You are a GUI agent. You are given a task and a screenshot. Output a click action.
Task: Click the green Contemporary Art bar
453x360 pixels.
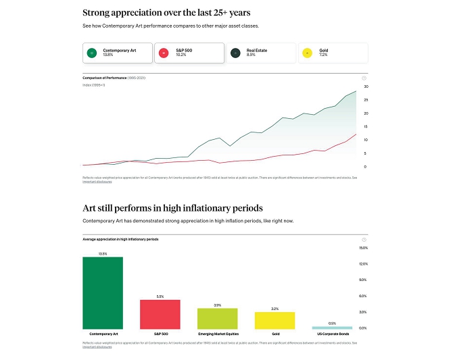coord(103,292)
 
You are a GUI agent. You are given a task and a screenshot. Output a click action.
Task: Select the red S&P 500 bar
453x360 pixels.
coord(160,313)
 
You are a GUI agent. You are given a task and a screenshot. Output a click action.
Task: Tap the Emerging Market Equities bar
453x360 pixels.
coord(218,318)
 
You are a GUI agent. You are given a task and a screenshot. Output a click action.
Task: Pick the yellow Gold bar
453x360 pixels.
coord(275,320)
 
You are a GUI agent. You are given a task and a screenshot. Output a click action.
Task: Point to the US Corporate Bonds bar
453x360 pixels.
coord(332,327)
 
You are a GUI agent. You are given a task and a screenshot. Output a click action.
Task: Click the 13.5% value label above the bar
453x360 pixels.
coord(103,254)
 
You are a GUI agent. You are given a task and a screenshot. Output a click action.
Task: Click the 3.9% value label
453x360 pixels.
coord(218,305)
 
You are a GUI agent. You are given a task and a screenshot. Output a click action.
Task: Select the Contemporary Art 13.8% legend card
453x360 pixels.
coord(116,53)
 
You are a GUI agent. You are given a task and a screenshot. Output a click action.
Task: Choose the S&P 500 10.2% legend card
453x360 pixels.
coord(189,53)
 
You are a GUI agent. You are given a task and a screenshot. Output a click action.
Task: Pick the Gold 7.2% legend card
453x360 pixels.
coord(333,53)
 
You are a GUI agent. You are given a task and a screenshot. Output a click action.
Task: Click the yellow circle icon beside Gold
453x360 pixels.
coord(308,53)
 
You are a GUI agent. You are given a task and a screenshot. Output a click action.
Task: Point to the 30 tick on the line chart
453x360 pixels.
coord(365,86)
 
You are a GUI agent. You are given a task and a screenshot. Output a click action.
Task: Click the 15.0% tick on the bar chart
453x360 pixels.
coord(363,248)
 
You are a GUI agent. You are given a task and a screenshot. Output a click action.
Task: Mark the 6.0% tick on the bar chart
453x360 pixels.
coord(363,296)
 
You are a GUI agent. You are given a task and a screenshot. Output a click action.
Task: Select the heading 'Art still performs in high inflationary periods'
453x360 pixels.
coord(172,208)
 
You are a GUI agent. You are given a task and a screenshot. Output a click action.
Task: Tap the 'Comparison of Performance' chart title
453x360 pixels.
coord(114,78)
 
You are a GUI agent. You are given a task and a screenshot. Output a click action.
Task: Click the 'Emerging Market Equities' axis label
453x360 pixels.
coord(218,334)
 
